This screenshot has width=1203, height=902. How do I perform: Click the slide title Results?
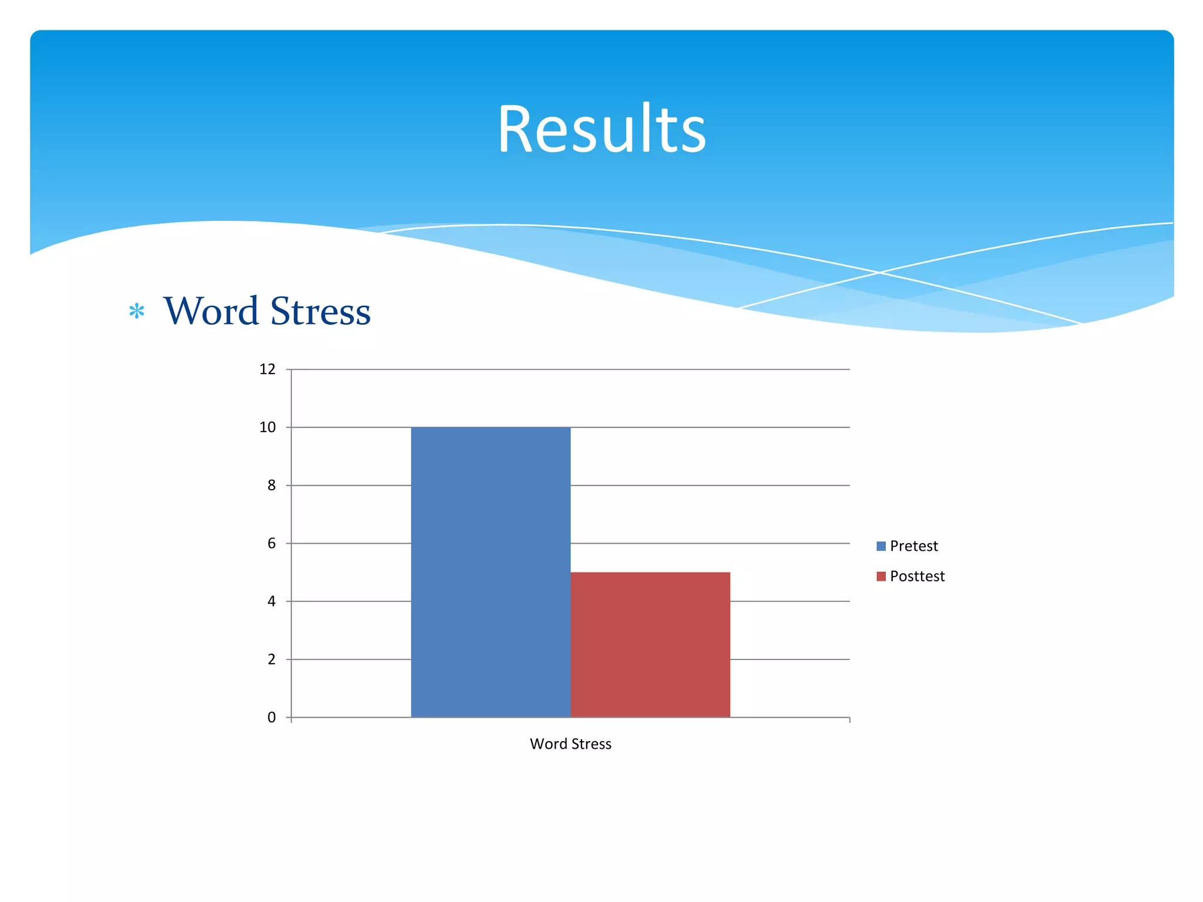click(601, 129)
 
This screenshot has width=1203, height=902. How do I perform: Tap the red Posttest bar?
click(650, 644)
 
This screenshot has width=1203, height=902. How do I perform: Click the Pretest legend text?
click(913, 546)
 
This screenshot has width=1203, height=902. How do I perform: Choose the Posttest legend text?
click(917, 576)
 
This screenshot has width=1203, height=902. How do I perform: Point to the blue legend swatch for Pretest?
click(881, 546)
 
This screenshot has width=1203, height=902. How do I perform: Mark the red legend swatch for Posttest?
click(881, 576)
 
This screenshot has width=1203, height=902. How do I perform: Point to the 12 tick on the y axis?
click(267, 369)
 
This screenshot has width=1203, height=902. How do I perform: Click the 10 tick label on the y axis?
click(267, 428)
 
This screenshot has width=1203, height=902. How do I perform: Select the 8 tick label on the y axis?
click(271, 486)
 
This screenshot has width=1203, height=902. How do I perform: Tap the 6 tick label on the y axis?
click(271, 543)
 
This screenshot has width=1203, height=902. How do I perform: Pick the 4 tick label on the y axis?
click(271, 601)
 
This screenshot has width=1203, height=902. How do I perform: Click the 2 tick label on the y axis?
click(271, 659)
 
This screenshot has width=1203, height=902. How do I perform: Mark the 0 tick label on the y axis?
click(271, 718)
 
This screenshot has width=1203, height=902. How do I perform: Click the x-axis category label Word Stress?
click(570, 744)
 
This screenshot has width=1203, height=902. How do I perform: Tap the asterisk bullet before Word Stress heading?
click(137, 311)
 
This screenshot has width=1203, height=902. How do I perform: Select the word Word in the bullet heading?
click(211, 311)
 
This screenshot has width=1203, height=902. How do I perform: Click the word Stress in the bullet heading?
click(320, 311)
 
